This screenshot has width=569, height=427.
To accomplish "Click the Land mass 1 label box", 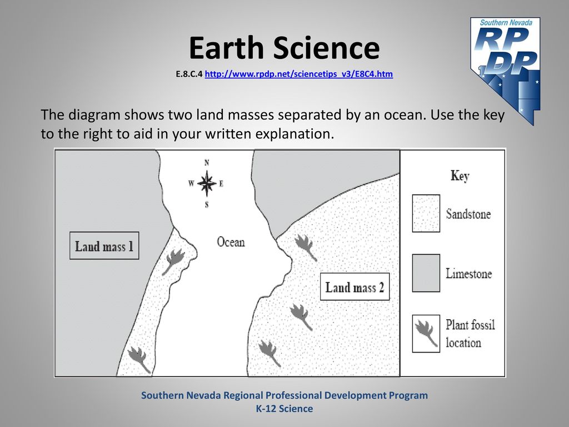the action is pyautogui.click(x=104, y=245).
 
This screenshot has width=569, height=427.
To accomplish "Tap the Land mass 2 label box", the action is pyautogui.click(x=355, y=287).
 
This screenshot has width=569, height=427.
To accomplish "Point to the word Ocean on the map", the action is pyautogui.click(x=231, y=242).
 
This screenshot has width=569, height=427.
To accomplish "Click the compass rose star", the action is pyautogui.click(x=207, y=183).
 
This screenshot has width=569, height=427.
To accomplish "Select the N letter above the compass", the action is pyautogui.click(x=207, y=162).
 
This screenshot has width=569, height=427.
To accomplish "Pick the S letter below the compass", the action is pyautogui.click(x=207, y=205).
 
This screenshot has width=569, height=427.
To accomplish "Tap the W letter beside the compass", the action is pyautogui.click(x=191, y=183).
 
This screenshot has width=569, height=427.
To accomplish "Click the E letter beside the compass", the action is pyautogui.click(x=221, y=183).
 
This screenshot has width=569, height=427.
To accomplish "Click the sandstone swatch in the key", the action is pyautogui.click(x=426, y=213).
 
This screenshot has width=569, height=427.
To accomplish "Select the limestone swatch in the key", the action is pyautogui.click(x=426, y=273).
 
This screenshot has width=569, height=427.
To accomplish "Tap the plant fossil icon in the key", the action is pyautogui.click(x=426, y=334).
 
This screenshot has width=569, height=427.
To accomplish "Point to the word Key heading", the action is pyautogui.click(x=460, y=176).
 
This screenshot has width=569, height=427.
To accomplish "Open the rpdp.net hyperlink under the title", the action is pyautogui.click(x=298, y=74).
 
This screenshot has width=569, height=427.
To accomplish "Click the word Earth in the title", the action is pyautogui.click(x=226, y=48).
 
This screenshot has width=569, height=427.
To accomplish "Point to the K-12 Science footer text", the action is pyautogui.click(x=284, y=409).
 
